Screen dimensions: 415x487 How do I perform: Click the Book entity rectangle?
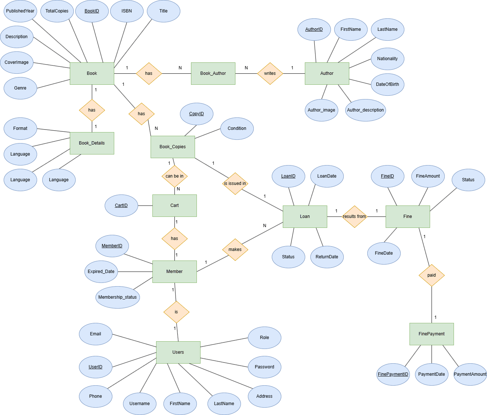point(92,73)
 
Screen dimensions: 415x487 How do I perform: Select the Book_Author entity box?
point(213,73)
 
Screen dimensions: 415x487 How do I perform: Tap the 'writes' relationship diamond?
point(270,73)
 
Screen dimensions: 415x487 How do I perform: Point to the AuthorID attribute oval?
point(314,29)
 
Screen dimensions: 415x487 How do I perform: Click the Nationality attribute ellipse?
point(387,59)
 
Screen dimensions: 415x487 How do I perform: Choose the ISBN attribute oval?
point(127,11)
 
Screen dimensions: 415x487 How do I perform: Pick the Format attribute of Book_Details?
point(20,128)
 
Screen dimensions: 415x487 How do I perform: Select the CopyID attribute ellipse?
point(196,114)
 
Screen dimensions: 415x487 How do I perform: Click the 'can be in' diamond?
point(174,176)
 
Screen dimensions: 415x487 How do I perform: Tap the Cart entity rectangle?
point(174,205)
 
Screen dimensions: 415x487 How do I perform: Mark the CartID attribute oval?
point(121,205)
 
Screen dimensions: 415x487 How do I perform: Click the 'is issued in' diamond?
point(235,183)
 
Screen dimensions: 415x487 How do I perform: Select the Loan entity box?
point(305,216)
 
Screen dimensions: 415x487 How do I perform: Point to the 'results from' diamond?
point(354,216)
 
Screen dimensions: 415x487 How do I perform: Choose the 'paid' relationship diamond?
point(432,275)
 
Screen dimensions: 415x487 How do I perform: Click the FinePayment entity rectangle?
point(432,334)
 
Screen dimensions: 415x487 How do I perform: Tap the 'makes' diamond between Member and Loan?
point(235,250)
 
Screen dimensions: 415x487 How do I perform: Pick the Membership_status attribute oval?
point(118,297)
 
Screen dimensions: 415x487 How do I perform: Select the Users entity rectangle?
point(178,352)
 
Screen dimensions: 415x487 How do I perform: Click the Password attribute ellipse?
point(264,367)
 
